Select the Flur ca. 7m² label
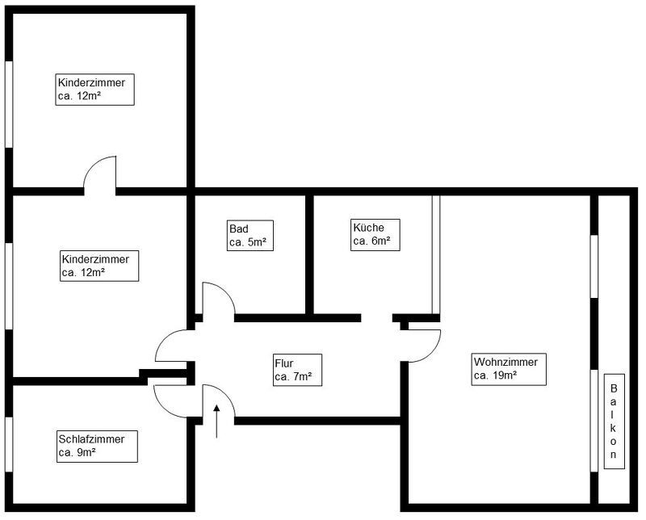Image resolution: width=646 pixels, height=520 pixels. point(297,369)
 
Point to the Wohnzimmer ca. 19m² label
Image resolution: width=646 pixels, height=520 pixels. point(510,368)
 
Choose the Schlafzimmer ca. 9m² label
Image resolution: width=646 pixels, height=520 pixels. point(96,446)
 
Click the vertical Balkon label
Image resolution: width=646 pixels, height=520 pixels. point(614,421)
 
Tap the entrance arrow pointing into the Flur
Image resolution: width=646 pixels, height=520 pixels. point(216,420)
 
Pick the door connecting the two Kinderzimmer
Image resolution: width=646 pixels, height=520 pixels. point(100,174)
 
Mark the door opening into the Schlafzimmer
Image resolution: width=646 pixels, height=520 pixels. point(170,398)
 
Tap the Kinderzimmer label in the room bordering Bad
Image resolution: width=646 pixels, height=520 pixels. point(100,266)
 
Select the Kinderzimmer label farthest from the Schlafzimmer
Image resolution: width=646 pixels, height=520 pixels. point(95,89)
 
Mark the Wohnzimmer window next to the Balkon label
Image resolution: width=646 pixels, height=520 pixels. point(594,420)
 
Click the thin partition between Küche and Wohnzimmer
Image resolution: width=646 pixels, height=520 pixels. point(436,254)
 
